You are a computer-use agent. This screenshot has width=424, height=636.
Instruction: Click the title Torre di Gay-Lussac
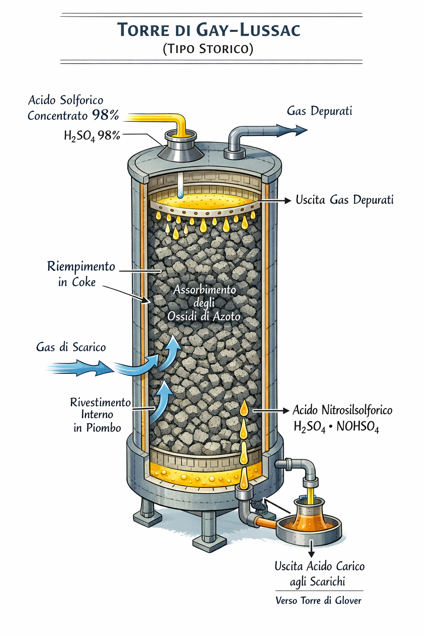pos(208,30)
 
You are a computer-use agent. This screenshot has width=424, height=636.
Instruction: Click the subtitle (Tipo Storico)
pos(208,49)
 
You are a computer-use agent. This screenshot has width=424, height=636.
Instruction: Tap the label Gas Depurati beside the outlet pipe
pos(319,111)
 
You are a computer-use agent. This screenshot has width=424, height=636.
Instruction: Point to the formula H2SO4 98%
pos(92,135)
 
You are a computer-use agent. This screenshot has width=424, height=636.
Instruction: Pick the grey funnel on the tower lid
pos(181,149)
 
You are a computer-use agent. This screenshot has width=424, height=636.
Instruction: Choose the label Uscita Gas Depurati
pos(344,200)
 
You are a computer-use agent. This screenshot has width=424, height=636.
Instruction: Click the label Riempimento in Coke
pos(81,274)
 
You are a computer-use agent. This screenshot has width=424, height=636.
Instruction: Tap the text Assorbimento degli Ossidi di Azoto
pos(204,303)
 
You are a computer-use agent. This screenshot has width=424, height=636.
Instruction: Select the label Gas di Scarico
pos(71,347)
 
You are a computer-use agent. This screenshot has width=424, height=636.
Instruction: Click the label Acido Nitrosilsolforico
pos(342,410)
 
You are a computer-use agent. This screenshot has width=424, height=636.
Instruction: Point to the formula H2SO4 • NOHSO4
pos(336,426)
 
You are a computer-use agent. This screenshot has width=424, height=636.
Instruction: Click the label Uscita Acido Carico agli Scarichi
pos(319,574)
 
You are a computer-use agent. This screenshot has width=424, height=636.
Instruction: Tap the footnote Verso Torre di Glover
pos(318,600)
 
